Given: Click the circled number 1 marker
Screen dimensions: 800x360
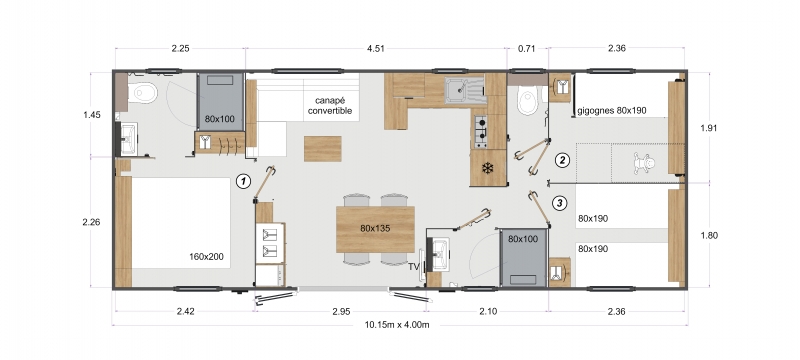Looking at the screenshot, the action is pyautogui.click(x=244, y=181).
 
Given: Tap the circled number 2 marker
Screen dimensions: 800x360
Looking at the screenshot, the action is pyautogui.click(x=562, y=160).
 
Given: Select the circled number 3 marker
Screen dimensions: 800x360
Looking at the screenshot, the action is pyautogui.click(x=560, y=203).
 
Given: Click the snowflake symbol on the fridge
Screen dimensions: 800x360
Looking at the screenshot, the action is pyautogui.click(x=488, y=168).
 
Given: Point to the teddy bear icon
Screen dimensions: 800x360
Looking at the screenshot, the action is pyautogui.click(x=645, y=164).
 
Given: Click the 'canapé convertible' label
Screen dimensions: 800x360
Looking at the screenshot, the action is pyautogui.click(x=330, y=106).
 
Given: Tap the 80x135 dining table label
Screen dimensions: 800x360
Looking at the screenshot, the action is pyautogui.click(x=375, y=228).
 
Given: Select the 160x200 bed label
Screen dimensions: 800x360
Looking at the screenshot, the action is pyautogui.click(x=206, y=256).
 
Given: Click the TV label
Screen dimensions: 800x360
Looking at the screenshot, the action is pyautogui.click(x=414, y=266).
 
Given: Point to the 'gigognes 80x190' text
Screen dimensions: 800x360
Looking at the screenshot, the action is pyautogui.click(x=612, y=110).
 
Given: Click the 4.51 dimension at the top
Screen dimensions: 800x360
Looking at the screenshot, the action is pyautogui.click(x=376, y=49).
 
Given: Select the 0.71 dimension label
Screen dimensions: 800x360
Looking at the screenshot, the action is pyautogui.click(x=527, y=49).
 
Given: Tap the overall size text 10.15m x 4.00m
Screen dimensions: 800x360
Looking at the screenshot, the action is pyautogui.click(x=397, y=324).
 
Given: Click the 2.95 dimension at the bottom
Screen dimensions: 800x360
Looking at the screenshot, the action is pyautogui.click(x=341, y=312).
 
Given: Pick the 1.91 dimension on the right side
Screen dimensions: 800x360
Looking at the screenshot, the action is pyautogui.click(x=709, y=128).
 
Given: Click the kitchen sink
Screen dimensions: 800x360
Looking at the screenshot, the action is pyautogui.click(x=464, y=90).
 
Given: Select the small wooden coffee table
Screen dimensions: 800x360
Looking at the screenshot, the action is pyautogui.click(x=322, y=149).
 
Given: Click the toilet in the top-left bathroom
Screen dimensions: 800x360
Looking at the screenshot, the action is pyautogui.click(x=142, y=93).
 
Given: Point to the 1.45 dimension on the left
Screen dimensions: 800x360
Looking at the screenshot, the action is pyautogui.click(x=92, y=115).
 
